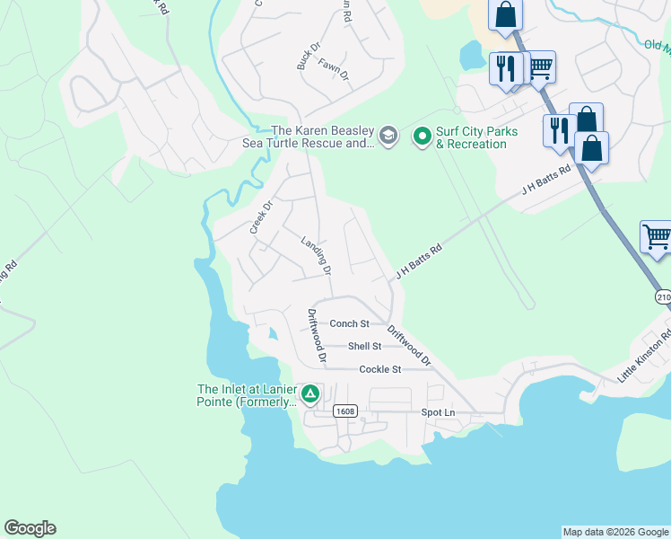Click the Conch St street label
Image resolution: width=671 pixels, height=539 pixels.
click(x=349, y=323)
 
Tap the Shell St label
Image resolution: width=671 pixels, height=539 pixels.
click(x=364, y=346)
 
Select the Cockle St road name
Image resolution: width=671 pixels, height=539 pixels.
click(x=379, y=369)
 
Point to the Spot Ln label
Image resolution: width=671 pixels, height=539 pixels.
click(x=439, y=412)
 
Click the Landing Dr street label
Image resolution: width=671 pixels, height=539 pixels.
click(x=317, y=256)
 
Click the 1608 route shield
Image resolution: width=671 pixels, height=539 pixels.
click(x=344, y=411)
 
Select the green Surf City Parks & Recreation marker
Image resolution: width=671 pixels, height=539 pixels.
click(x=422, y=137)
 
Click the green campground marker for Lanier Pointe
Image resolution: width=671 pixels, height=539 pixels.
click(x=310, y=393)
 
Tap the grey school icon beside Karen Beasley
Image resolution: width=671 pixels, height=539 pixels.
click(x=388, y=137)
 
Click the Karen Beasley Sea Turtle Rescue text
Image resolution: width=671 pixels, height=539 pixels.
click(x=309, y=137)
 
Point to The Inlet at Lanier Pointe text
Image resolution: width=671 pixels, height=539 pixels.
click(x=247, y=395)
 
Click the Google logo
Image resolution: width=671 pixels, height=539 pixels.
click(x=30, y=528)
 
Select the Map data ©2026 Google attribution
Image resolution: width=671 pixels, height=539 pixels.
click(x=615, y=532)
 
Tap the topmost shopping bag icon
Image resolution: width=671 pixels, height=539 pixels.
click(x=505, y=15)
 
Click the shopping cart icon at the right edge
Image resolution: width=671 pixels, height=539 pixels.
click(x=657, y=237)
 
